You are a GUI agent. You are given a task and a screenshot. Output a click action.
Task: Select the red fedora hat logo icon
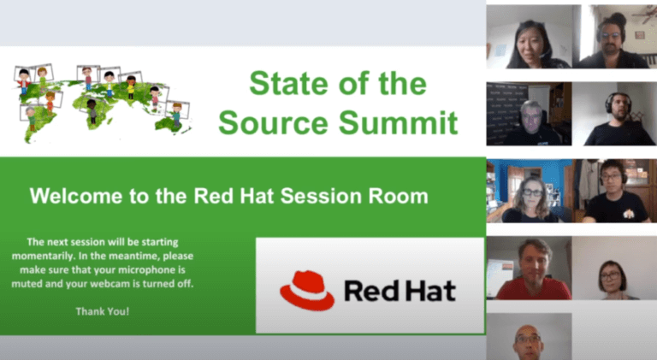click(x=306, y=290)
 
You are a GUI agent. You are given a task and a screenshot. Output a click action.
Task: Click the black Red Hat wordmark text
click(x=400, y=291)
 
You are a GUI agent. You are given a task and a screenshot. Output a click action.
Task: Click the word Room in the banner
click(x=400, y=197)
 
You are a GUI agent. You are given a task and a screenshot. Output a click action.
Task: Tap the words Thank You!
click(x=103, y=311)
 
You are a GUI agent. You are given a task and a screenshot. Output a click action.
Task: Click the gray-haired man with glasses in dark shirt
click(x=531, y=120)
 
